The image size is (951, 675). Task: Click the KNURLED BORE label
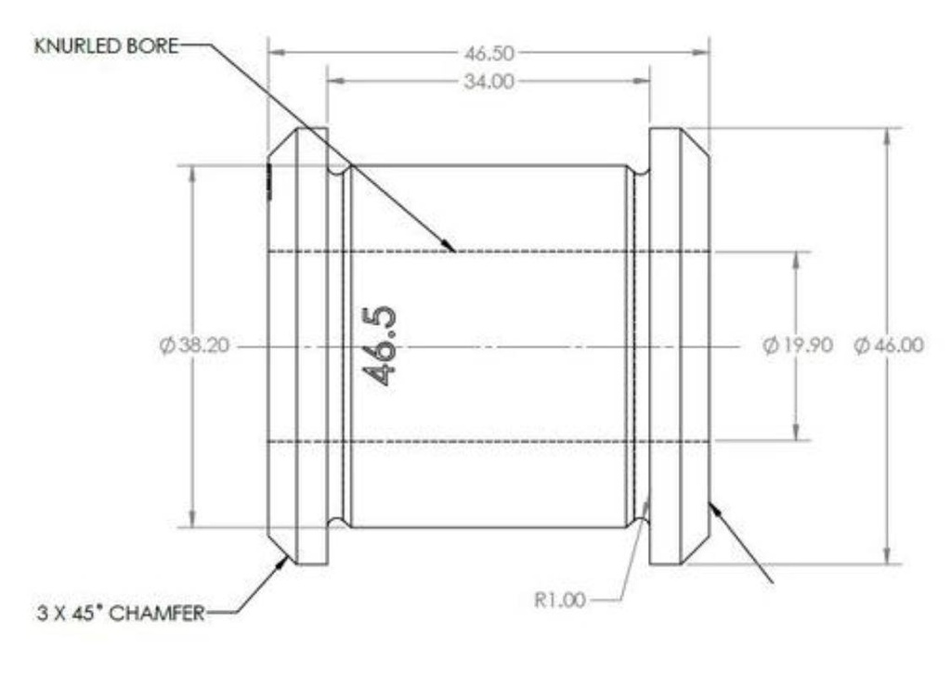pyautogui.click(x=107, y=46)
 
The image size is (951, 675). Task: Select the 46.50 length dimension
pyautogui.click(x=489, y=53)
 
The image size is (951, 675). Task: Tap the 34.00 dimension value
pyautogui.click(x=489, y=82)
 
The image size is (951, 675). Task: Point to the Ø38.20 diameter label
pyautogui.click(x=195, y=345)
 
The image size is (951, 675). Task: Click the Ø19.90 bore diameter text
pyautogui.click(x=798, y=345)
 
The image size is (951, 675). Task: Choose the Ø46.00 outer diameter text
pyautogui.click(x=889, y=345)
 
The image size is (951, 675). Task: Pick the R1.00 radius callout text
pyautogui.click(x=560, y=601)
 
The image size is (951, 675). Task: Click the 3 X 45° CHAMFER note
pyautogui.click(x=122, y=613)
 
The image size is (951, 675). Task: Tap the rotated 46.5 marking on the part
pyautogui.click(x=380, y=345)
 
